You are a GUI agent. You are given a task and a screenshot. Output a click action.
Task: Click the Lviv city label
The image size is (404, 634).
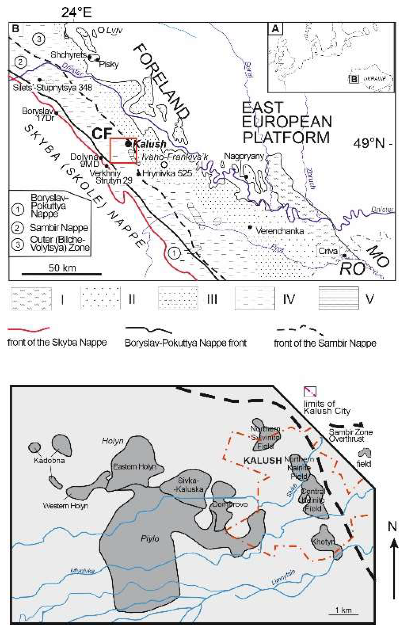(114, 30)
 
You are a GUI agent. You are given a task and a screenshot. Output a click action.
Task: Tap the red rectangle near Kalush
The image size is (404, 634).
(123, 151)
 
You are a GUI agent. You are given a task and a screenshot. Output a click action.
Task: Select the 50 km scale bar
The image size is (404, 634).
(62, 273)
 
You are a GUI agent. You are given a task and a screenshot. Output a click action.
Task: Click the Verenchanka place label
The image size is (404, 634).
(280, 231)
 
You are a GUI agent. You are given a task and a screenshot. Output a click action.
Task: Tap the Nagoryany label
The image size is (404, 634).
(244, 156)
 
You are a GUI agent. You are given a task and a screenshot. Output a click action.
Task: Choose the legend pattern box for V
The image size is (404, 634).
(338, 298)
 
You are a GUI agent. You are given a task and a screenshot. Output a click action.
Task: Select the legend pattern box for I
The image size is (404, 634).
(31, 299)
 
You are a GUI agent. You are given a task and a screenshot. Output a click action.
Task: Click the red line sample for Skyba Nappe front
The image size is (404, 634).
(28, 329)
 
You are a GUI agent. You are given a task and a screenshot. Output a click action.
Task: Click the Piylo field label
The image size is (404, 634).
(150, 539)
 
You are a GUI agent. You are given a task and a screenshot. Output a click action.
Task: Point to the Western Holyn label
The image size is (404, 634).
(65, 506)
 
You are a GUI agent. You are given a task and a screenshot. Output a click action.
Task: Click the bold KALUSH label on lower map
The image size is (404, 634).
(263, 460)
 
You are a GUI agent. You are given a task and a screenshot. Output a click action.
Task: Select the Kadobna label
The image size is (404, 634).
(49, 461)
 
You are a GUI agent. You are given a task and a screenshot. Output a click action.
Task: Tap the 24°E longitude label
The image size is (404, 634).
(76, 12)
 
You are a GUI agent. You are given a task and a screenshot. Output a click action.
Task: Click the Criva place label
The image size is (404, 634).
(328, 251)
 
